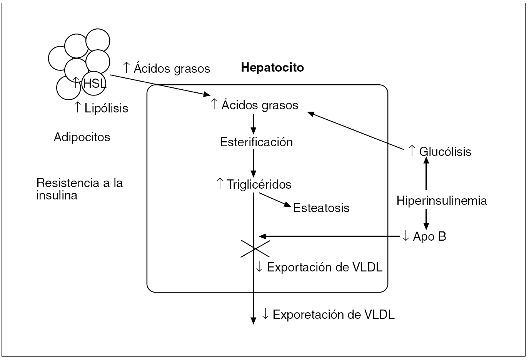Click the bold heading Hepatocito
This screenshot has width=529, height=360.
(x=272, y=68)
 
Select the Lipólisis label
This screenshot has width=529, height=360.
(x=101, y=108)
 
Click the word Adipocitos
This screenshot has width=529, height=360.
(x=82, y=137)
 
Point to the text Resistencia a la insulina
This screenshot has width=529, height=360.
(x=79, y=189)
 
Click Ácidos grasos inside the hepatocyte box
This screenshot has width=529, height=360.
(x=255, y=105)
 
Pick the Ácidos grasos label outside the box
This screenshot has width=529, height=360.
(x=167, y=68)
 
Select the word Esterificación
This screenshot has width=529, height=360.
(x=256, y=142)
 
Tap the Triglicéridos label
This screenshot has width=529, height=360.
(x=254, y=184)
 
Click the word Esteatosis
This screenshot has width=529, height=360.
(x=321, y=208)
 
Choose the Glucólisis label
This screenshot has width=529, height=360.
(x=440, y=151)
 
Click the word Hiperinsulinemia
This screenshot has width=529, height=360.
(x=442, y=201)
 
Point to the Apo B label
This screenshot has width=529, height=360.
(x=424, y=236)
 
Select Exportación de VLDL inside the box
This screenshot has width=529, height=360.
(x=319, y=267)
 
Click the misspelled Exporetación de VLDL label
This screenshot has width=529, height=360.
(x=328, y=315)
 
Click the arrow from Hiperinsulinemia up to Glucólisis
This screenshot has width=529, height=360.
(x=426, y=175)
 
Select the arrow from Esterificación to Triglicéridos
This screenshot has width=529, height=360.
(x=253, y=162)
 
